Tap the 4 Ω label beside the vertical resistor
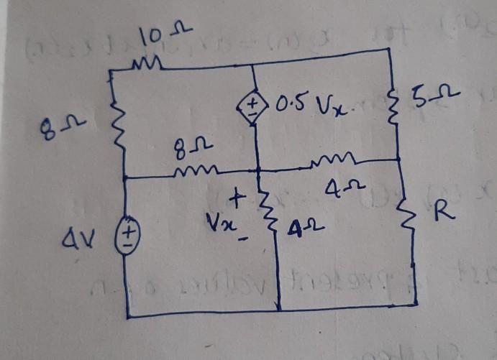coord(301,230)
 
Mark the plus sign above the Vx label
coord(239,195)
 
